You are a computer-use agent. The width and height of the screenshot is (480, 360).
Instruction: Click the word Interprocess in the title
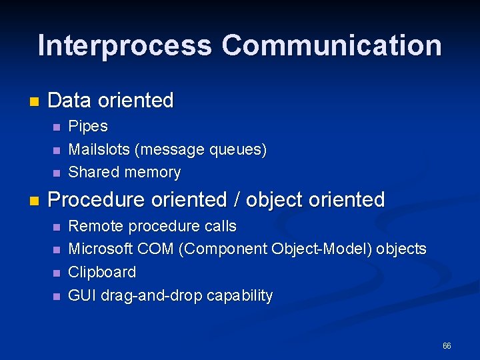tap(125, 45)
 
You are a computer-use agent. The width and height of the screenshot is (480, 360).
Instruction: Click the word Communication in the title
tap(331, 45)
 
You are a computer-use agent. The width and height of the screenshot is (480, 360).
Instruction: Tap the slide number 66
tap(447, 346)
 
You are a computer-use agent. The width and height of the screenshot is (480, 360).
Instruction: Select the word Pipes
tap(88, 126)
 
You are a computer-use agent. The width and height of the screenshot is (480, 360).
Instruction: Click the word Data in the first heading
tap(70, 101)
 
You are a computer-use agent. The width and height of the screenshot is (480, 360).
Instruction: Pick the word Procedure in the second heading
tap(96, 199)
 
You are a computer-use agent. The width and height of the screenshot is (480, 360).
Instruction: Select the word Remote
tap(96, 226)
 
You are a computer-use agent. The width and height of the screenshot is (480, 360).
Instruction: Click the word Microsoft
tap(101, 249)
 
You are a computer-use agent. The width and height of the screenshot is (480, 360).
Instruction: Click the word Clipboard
tap(102, 272)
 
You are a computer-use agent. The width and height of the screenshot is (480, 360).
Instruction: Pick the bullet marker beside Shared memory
tap(57, 173)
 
